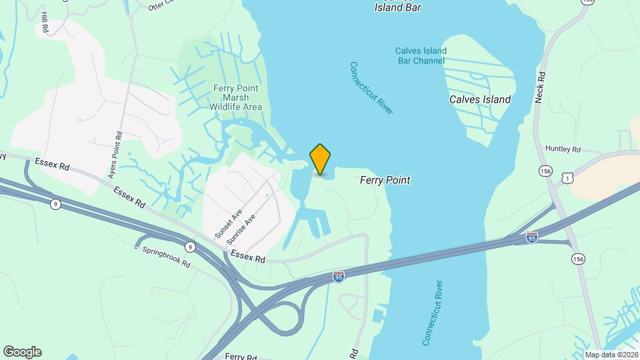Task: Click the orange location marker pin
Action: click(x=321, y=159)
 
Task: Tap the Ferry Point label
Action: click(x=385, y=180)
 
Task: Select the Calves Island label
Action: click(x=480, y=99)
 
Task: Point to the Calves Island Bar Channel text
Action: click(x=420, y=55)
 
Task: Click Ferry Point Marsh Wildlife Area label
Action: click(x=236, y=97)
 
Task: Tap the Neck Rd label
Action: click(x=540, y=87)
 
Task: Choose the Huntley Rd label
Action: click(x=563, y=149)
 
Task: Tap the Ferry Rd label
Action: click(x=241, y=357)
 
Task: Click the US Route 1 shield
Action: click(x=567, y=178)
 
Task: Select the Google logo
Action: click(x=22, y=352)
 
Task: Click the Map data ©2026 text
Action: click(x=611, y=355)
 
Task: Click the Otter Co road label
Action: click(x=160, y=6)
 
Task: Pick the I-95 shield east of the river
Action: click(x=531, y=237)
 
